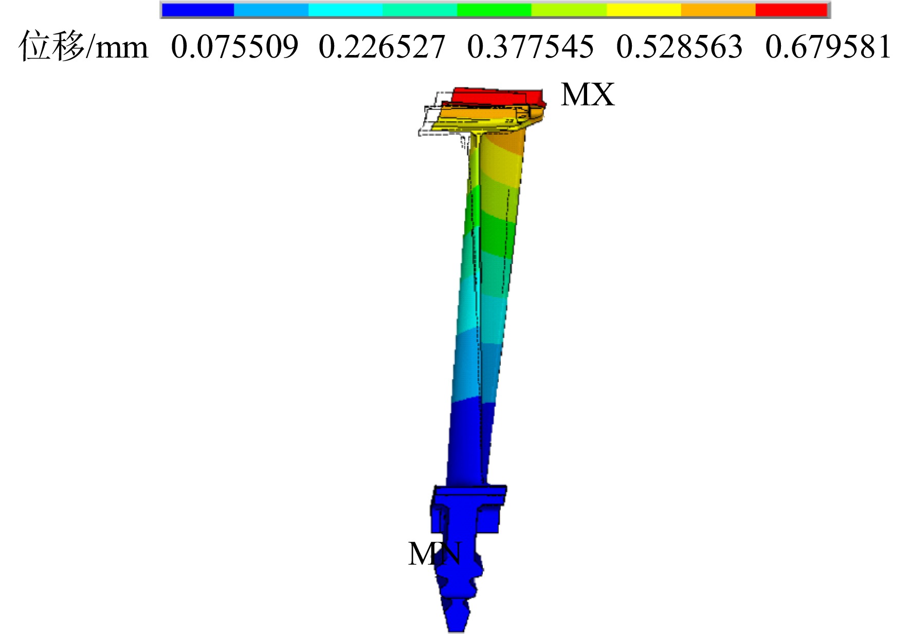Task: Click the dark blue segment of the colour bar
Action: tap(198, 10)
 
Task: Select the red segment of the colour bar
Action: tap(791, 10)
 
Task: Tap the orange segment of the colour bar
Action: tap(718, 10)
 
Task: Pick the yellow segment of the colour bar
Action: tap(644, 10)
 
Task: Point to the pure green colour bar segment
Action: tap(494, 10)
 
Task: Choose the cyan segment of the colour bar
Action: tap(345, 10)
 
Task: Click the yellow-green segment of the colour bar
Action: tap(569, 10)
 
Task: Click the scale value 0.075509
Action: tap(234, 47)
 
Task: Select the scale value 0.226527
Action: tap(382, 47)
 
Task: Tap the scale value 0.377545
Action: tap(531, 47)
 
